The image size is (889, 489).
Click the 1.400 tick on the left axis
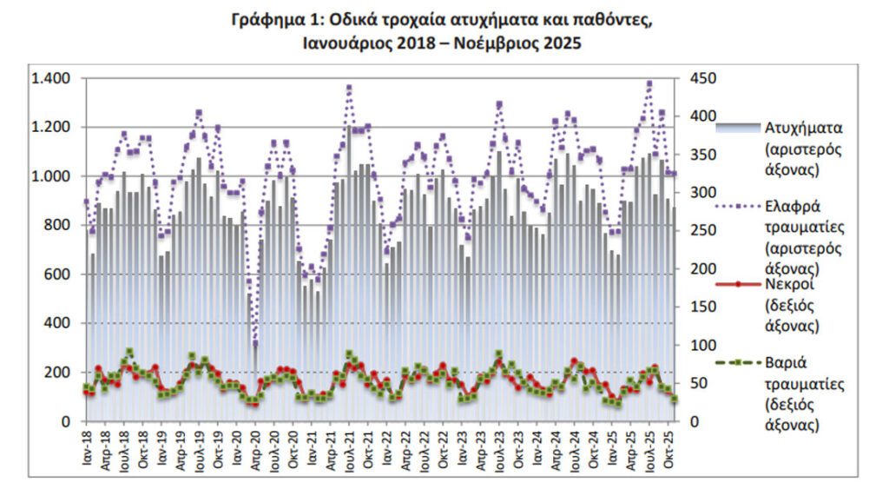point(51,79)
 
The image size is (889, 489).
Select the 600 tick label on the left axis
point(58,274)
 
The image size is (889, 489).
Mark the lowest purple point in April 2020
point(255,342)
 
